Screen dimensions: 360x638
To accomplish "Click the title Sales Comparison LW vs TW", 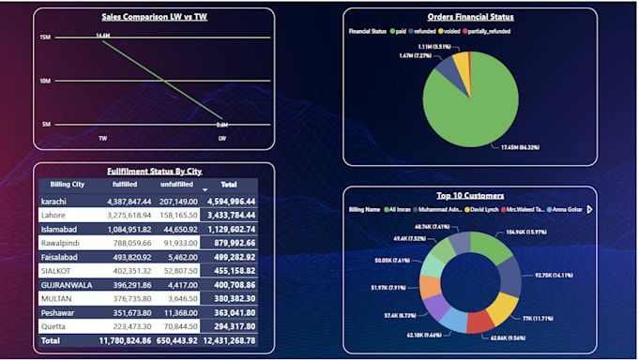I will coord(155,17).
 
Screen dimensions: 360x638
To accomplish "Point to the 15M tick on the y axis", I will coord(44,37).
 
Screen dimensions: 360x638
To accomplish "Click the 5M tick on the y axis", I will coord(45,124).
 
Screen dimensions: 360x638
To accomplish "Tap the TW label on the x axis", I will coord(102,138).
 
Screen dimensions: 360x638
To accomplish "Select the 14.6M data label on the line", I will coord(102,35).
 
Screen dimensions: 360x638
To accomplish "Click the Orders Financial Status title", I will coord(470,17).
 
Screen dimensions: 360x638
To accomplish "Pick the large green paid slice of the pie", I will coord(474,108).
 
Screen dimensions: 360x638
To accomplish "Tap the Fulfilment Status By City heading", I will coord(155,172).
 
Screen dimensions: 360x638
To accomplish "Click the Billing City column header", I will coord(67,185).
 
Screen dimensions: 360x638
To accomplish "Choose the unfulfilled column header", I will coord(175,185).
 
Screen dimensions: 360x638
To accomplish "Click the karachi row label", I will coord(55,201).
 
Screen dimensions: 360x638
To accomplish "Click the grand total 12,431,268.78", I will coord(229,341).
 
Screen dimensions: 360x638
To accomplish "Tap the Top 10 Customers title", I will coord(470,196).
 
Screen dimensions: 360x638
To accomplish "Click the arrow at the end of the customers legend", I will coord(589,209).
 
